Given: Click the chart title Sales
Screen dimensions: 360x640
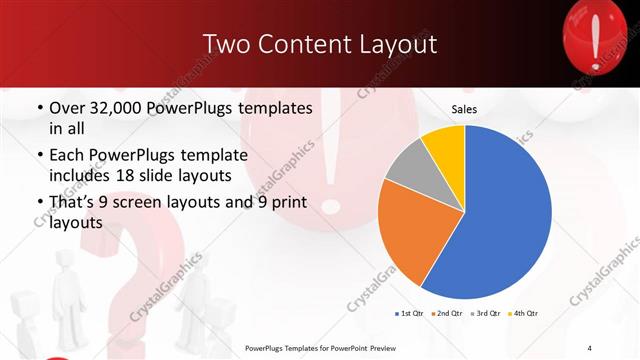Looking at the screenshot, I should click(x=464, y=108).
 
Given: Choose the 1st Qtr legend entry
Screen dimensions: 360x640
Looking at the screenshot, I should click(x=409, y=314).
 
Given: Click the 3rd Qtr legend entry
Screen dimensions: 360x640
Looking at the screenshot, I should click(x=487, y=314).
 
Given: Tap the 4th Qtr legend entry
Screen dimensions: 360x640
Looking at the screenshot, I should click(x=526, y=314).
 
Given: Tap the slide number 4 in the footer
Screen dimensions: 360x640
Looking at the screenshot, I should click(x=589, y=347).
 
